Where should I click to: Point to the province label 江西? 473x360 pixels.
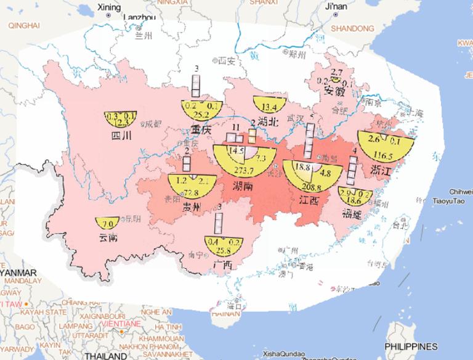point(305,200)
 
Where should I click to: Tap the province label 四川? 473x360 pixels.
point(118,136)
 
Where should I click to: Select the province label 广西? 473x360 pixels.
point(220,265)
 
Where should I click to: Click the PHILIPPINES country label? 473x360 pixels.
point(410,346)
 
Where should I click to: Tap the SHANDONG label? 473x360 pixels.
point(352,28)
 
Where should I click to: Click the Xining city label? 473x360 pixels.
point(109,7)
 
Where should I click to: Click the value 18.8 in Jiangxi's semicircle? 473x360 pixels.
point(302,167)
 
